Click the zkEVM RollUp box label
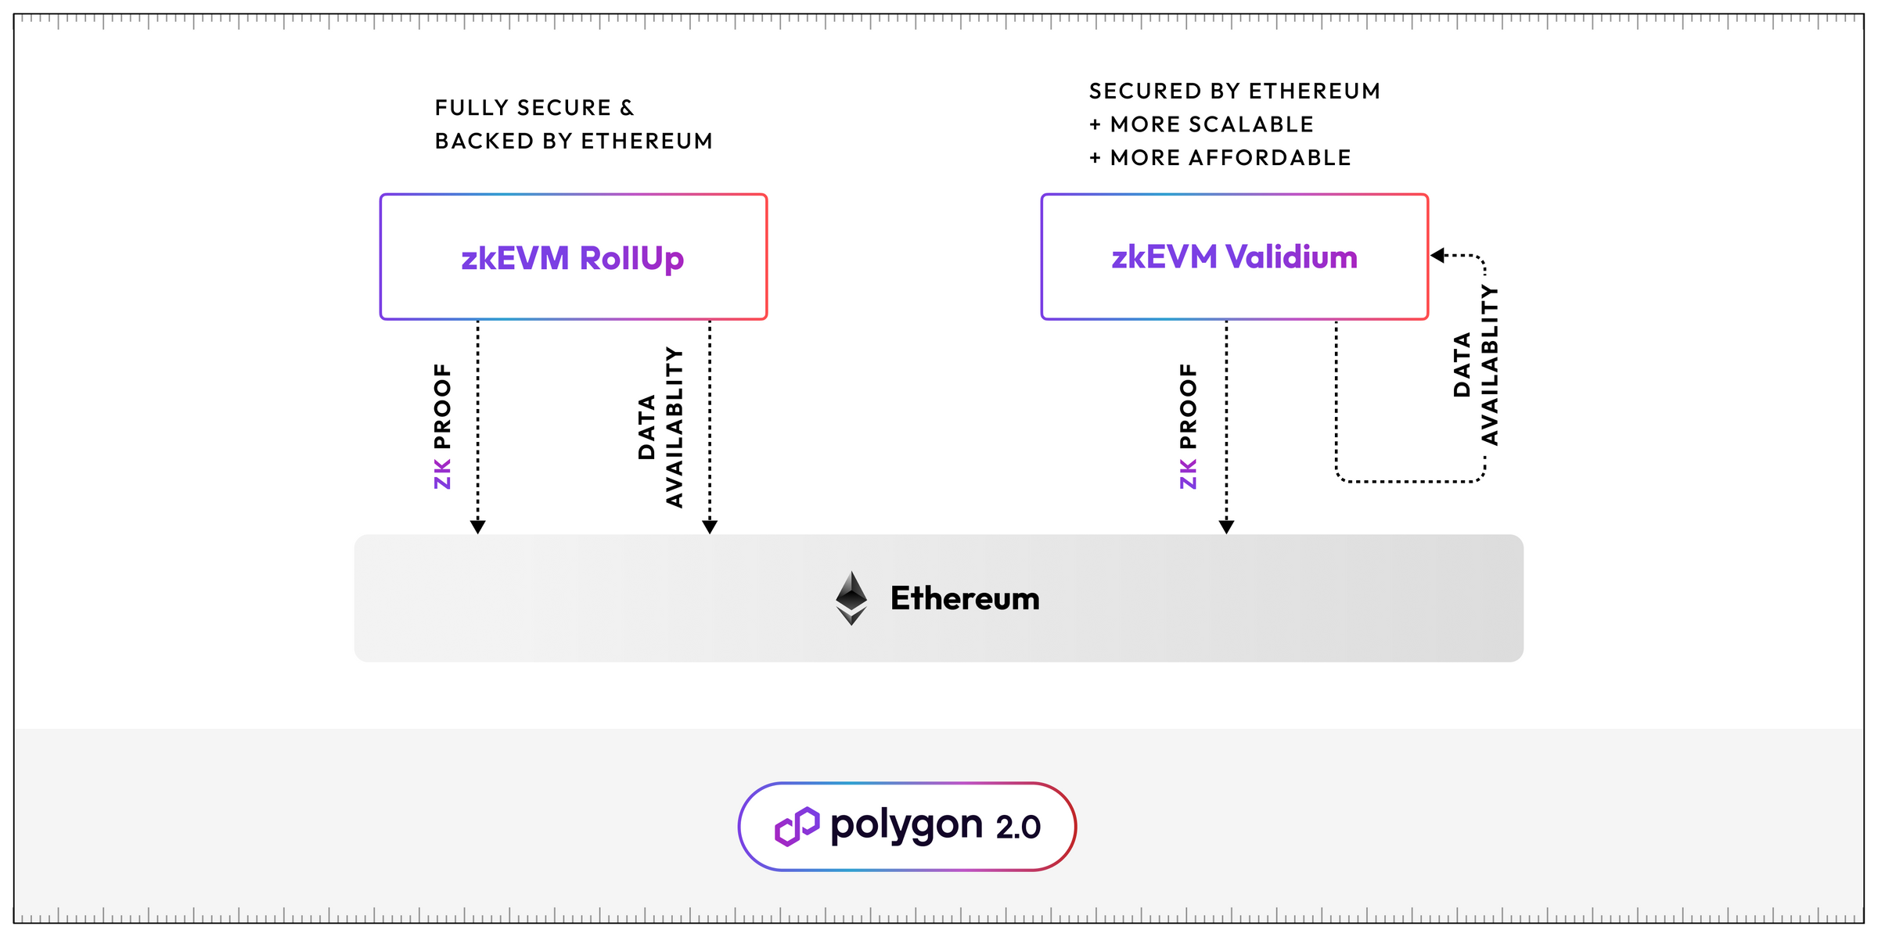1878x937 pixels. [572, 258]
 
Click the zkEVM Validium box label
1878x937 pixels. [1234, 257]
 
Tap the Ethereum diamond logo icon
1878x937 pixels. [851, 598]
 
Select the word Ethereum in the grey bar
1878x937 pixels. [965, 599]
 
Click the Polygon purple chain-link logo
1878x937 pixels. [797, 826]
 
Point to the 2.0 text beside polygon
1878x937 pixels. [1018, 828]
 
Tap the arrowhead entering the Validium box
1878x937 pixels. [1437, 256]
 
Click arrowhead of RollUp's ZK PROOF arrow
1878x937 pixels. [478, 527]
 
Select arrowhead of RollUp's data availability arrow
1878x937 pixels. [710, 527]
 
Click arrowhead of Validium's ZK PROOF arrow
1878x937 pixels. [1227, 527]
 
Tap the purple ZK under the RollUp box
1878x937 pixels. [442, 475]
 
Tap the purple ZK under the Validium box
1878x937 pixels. [1188, 475]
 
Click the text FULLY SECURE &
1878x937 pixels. [534, 108]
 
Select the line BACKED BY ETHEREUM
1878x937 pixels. [574, 142]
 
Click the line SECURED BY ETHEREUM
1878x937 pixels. [1234, 92]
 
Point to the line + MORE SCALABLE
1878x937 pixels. [1201, 125]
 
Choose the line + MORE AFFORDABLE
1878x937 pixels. [1220, 158]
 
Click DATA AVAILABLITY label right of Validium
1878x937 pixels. [1476, 365]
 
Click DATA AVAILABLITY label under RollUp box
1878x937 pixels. [660, 427]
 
